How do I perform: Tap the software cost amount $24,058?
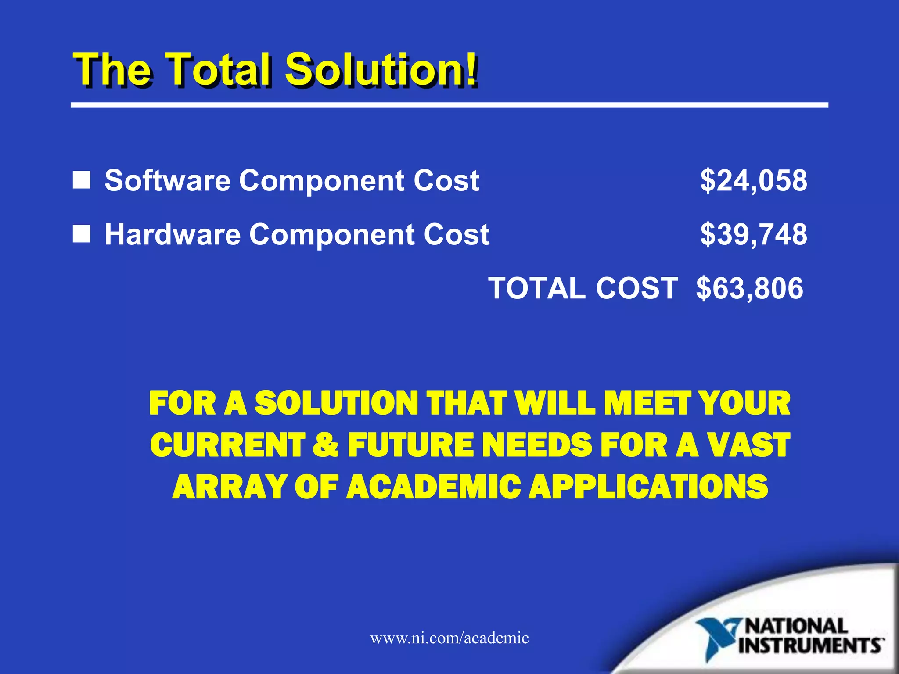click(753, 180)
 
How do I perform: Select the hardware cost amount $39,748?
click(753, 234)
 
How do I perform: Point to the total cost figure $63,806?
click(750, 288)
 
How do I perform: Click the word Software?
click(167, 180)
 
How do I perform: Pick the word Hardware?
click(172, 234)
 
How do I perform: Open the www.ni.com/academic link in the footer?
click(449, 638)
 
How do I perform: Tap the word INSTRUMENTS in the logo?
click(810, 646)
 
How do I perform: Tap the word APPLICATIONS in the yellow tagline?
click(648, 487)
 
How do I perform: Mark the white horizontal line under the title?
click(449, 105)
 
